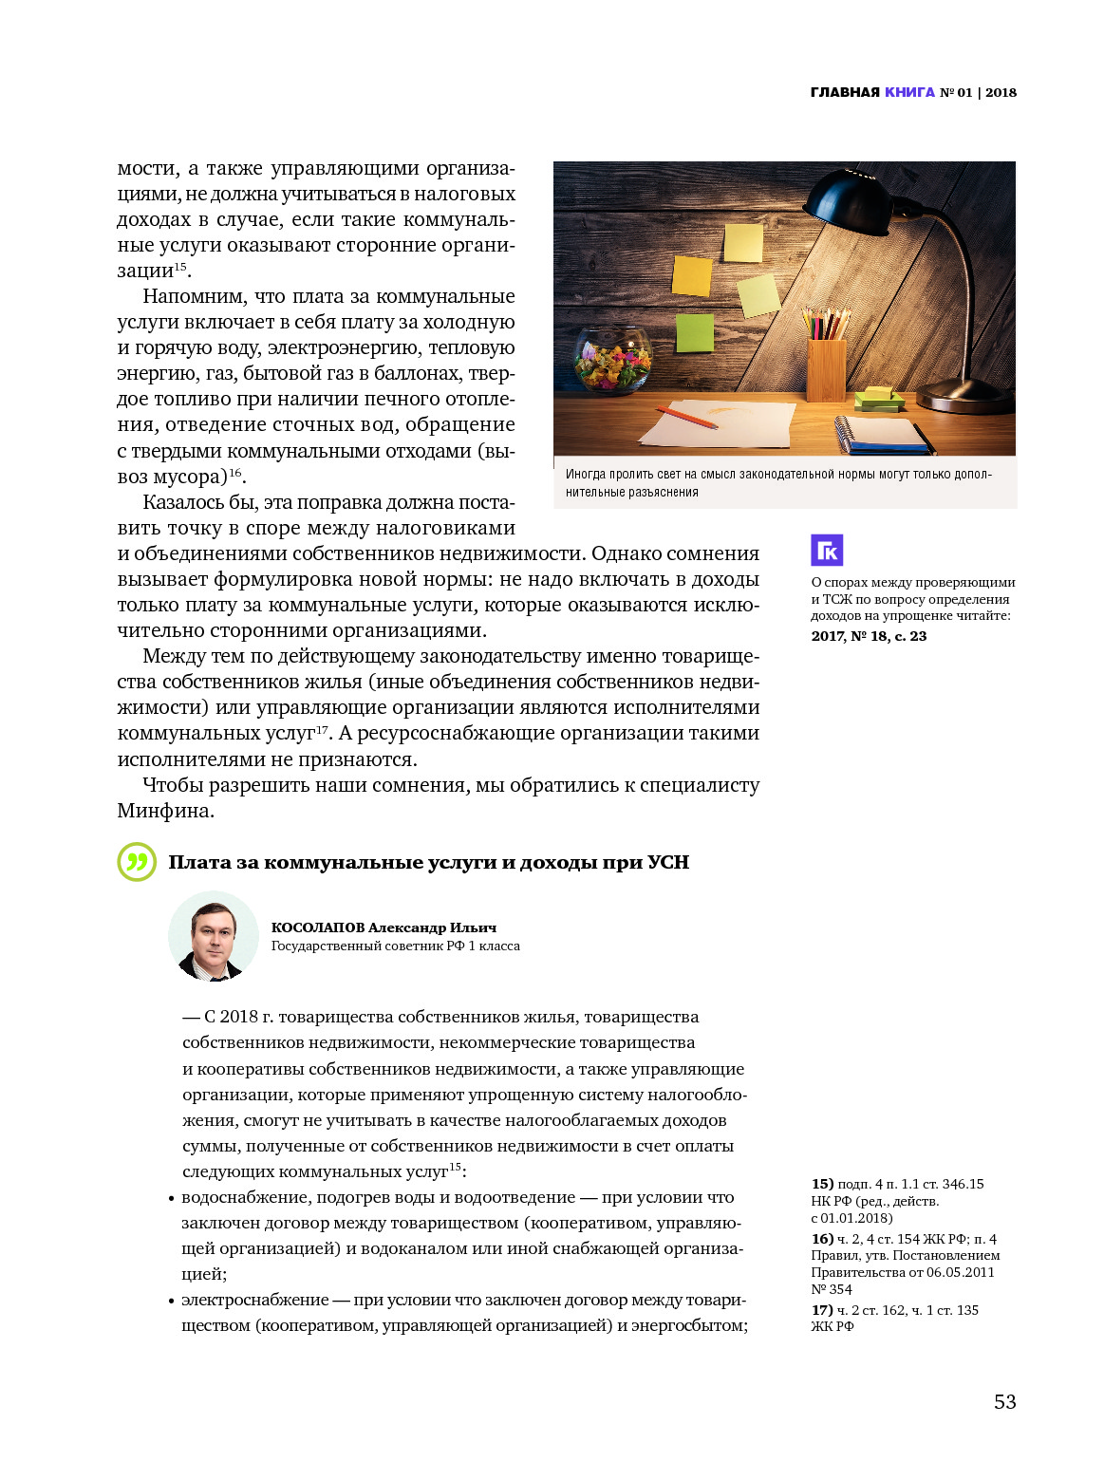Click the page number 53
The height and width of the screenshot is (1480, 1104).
pos(1004,1402)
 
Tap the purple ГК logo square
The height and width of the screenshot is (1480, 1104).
pos(826,550)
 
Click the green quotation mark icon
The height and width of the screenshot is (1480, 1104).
pos(137,862)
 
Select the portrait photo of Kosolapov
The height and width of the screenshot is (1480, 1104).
pos(214,936)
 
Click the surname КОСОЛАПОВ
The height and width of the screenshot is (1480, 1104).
pos(317,927)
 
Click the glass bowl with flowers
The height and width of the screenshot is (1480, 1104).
pos(613,359)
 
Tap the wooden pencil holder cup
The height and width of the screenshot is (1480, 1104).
pos(826,369)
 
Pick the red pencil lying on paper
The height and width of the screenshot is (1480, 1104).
pos(685,417)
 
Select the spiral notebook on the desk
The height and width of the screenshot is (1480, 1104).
pos(882,436)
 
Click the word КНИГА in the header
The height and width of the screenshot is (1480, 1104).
pos(909,92)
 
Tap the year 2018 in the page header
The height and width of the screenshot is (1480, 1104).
pos(1001,92)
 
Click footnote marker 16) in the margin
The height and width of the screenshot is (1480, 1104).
pos(822,1239)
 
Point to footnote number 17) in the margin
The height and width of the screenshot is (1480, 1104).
pos(822,1310)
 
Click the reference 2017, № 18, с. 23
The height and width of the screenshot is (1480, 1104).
pos(869,636)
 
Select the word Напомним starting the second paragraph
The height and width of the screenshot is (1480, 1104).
pos(195,296)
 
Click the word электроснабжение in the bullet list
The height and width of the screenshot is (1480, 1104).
pos(254,1300)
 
